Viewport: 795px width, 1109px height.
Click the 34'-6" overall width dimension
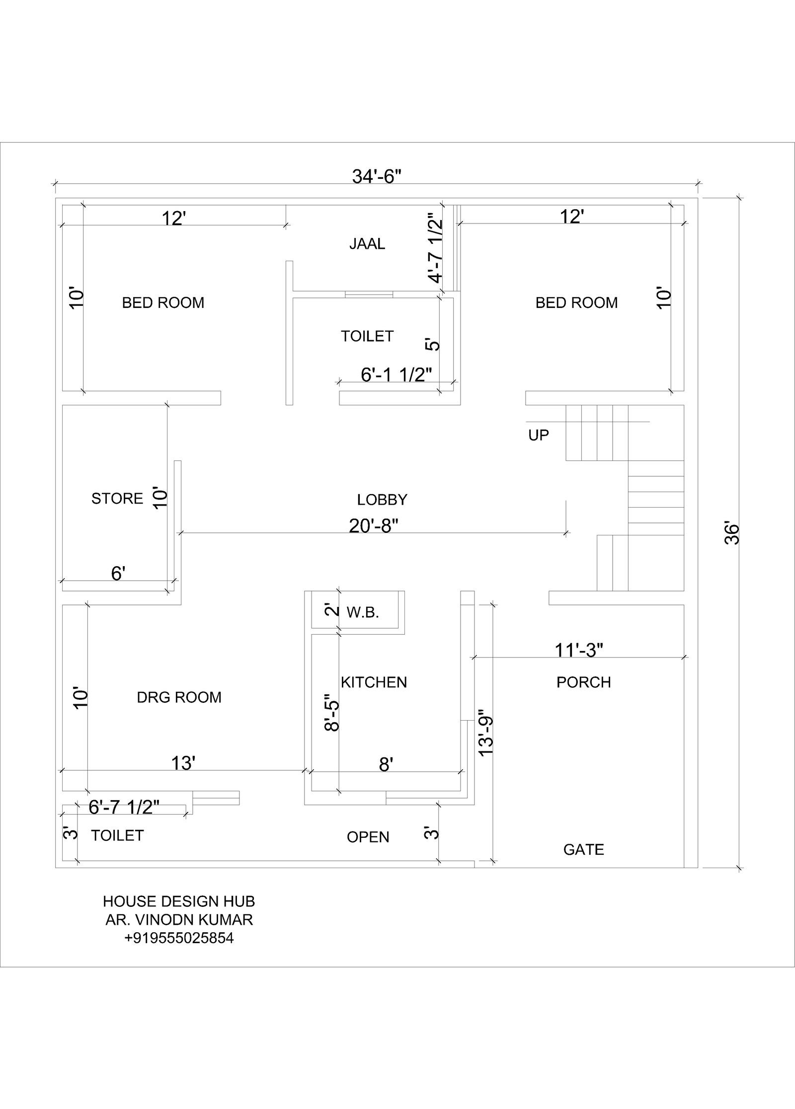point(376,176)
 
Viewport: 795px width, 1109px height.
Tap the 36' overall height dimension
point(732,533)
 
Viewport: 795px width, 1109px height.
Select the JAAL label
point(367,244)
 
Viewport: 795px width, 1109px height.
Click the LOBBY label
point(382,500)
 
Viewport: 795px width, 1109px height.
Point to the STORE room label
point(117,499)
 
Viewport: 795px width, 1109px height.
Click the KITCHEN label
point(374,682)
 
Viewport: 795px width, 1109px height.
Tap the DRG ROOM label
point(179,697)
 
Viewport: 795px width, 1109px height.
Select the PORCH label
point(583,682)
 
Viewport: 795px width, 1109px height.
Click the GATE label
point(583,850)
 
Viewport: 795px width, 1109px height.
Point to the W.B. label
point(363,613)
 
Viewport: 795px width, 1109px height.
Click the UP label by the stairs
point(539,436)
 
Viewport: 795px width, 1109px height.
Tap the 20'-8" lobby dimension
point(373,526)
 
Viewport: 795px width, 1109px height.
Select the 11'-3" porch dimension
point(579,650)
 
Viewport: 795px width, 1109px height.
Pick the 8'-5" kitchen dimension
point(331,713)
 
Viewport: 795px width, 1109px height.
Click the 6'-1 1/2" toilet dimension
point(396,375)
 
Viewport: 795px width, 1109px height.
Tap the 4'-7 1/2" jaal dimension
point(435,248)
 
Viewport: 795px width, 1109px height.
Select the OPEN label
point(368,837)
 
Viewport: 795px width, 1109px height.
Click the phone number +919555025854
point(179,938)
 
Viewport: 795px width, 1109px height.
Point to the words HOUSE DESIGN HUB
point(179,901)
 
